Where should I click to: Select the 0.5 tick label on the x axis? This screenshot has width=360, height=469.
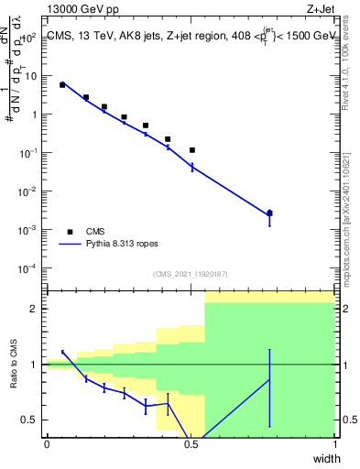(x=191, y=444)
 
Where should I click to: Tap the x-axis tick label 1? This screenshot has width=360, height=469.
(x=335, y=444)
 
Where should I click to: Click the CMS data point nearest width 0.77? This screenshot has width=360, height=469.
(x=269, y=213)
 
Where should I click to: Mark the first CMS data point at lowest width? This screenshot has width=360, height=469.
(x=62, y=84)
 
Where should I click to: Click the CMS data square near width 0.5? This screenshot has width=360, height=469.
(x=192, y=149)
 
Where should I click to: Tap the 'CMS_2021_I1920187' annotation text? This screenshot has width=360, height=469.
(x=191, y=274)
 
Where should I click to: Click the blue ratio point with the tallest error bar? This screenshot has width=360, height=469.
(x=269, y=379)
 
